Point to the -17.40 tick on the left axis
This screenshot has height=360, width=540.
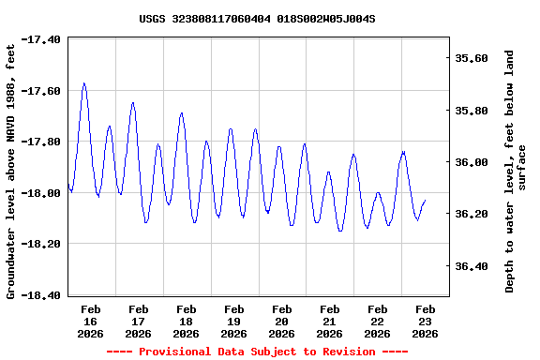pos(42,40)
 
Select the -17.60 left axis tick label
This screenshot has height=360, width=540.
pos(42,91)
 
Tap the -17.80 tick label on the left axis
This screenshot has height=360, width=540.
pos(42,142)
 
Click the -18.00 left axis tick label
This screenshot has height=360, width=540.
pos(42,193)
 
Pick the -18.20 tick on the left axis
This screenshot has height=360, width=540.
pos(42,244)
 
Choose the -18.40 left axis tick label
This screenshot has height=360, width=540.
pos(42,295)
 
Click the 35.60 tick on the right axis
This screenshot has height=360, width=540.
pos(471,58)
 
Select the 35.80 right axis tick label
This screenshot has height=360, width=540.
pos(471,111)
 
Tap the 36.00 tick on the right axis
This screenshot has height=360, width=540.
pos(471,162)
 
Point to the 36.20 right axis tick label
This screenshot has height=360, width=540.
pos(471,214)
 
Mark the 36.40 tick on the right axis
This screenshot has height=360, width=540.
pos(471,266)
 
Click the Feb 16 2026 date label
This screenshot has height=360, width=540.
pos(91,321)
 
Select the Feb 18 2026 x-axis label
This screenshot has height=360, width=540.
pos(187,321)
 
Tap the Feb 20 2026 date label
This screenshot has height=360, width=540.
pos(281,321)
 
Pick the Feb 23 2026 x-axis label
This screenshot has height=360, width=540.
pos(425,321)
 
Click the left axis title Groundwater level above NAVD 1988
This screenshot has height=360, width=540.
pos(11,169)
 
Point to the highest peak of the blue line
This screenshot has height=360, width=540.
pos(84,83)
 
